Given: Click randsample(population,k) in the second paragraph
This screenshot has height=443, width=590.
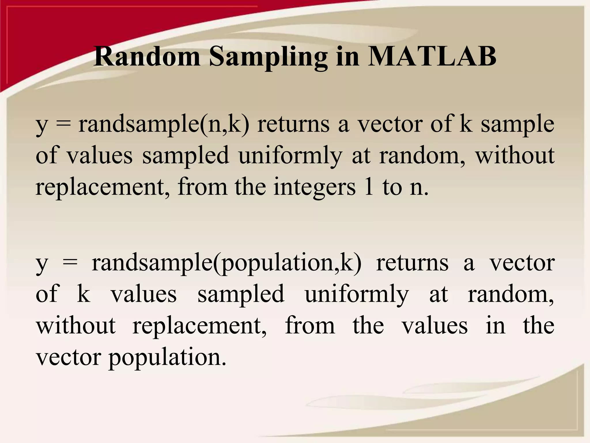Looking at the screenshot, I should pyautogui.click(x=226, y=263).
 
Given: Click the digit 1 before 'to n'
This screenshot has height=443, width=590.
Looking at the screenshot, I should pyautogui.click(x=368, y=187).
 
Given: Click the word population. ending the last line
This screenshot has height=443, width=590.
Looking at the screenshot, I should pyautogui.click(x=167, y=358).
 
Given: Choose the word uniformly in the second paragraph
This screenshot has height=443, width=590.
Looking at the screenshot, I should pyautogui.click(x=357, y=294).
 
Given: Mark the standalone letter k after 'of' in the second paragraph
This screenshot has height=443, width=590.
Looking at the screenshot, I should pyautogui.click(x=84, y=294).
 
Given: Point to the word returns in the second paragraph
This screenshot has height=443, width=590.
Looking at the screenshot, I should pyautogui.click(x=412, y=263).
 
